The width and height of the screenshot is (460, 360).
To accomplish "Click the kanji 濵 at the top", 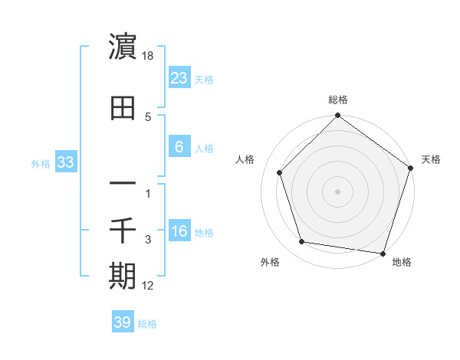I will coord(123,47).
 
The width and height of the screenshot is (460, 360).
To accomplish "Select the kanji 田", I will coord(123,107).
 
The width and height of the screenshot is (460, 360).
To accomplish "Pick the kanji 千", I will coord(123,229).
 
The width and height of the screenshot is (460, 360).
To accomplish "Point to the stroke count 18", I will coord(149,57).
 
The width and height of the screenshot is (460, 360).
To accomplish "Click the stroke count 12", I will coord(149,286).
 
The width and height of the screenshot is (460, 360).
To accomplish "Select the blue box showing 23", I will coord(179,77).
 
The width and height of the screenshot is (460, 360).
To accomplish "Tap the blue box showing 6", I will coord(179,146).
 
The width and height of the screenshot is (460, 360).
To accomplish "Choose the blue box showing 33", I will coord(65,162).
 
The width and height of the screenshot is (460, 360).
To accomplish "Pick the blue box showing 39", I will coord(122,322).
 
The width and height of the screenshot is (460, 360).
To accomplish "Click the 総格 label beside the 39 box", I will coord(147,324).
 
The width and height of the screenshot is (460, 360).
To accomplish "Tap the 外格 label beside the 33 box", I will coord(41,163).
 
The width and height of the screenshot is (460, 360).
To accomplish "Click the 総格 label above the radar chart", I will coord(338,100).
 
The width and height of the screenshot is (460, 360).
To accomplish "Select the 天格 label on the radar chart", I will coord(431,159).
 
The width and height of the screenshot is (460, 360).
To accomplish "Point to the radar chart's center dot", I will coord(337,191).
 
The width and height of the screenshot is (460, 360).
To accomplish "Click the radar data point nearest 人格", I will coord(279,173).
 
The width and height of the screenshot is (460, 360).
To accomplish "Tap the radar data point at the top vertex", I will coord(337,117).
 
